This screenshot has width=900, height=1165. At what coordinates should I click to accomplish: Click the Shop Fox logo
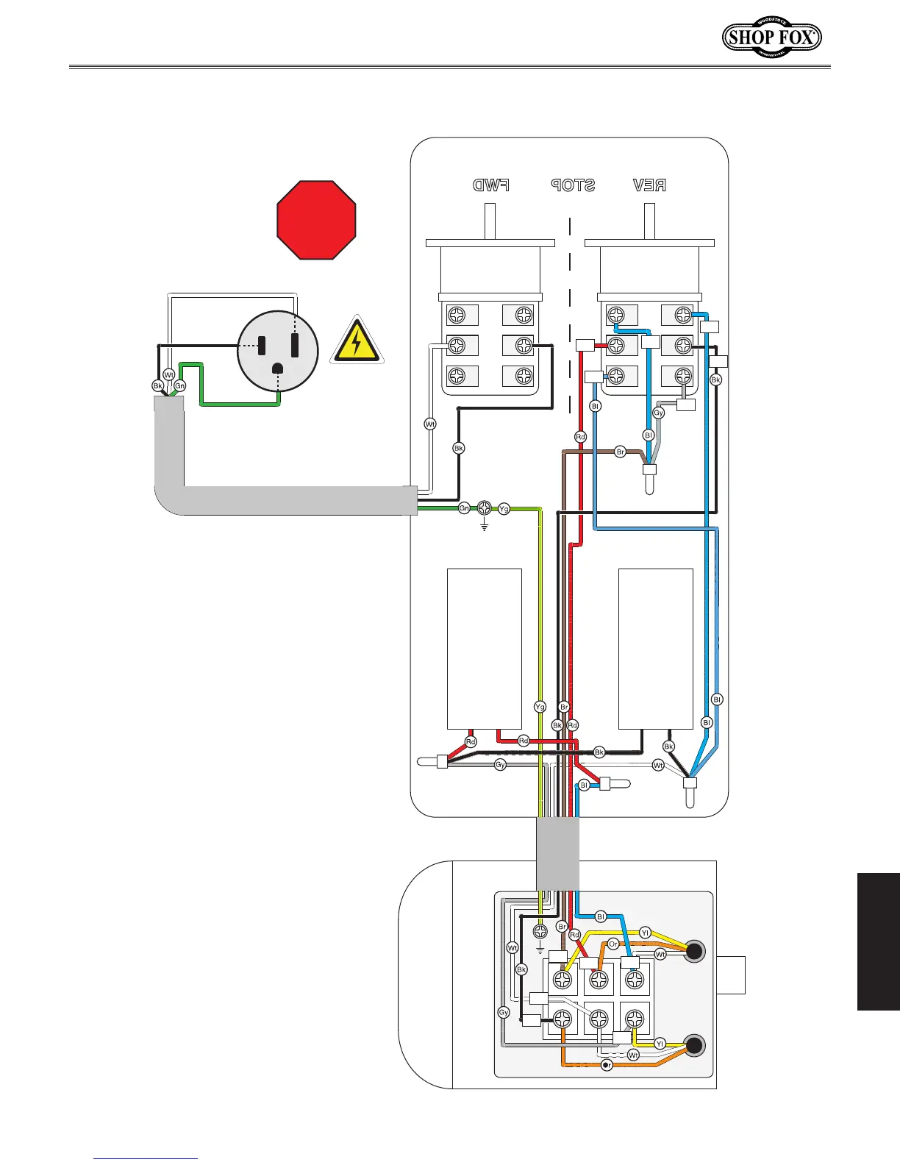(771, 37)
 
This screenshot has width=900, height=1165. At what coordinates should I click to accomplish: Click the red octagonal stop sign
(316, 220)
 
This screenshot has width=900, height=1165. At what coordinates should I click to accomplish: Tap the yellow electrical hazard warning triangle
(357, 341)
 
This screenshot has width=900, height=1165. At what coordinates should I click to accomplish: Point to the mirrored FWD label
(491, 185)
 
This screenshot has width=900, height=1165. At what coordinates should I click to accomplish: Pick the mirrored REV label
(650, 185)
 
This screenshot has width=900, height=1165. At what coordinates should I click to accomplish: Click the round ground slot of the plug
(278, 369)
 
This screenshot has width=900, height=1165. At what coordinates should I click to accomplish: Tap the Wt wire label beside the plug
(168, 375)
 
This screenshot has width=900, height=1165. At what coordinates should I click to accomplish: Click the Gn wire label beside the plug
(179, 385)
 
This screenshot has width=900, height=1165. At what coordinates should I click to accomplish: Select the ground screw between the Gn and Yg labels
(485, 508)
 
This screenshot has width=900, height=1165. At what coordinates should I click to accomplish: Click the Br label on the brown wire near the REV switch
(621, 452)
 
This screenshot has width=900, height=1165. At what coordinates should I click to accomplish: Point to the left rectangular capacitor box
(485, 648)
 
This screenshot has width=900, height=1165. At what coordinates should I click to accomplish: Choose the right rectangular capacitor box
(656, 648)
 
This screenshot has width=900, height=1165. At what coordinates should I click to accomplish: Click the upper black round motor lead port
(693, 952)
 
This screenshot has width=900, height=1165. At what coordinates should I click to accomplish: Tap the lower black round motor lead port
(693, 1044)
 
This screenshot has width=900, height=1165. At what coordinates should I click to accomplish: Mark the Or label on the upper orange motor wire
(613, 944)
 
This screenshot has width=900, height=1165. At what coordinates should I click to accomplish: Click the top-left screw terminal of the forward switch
(457, 316)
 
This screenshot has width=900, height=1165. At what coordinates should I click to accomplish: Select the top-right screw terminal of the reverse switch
(684, 316)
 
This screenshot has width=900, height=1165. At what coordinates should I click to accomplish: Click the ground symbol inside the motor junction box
(540, 934)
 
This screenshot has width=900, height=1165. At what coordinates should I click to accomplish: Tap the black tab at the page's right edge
(879, 941)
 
